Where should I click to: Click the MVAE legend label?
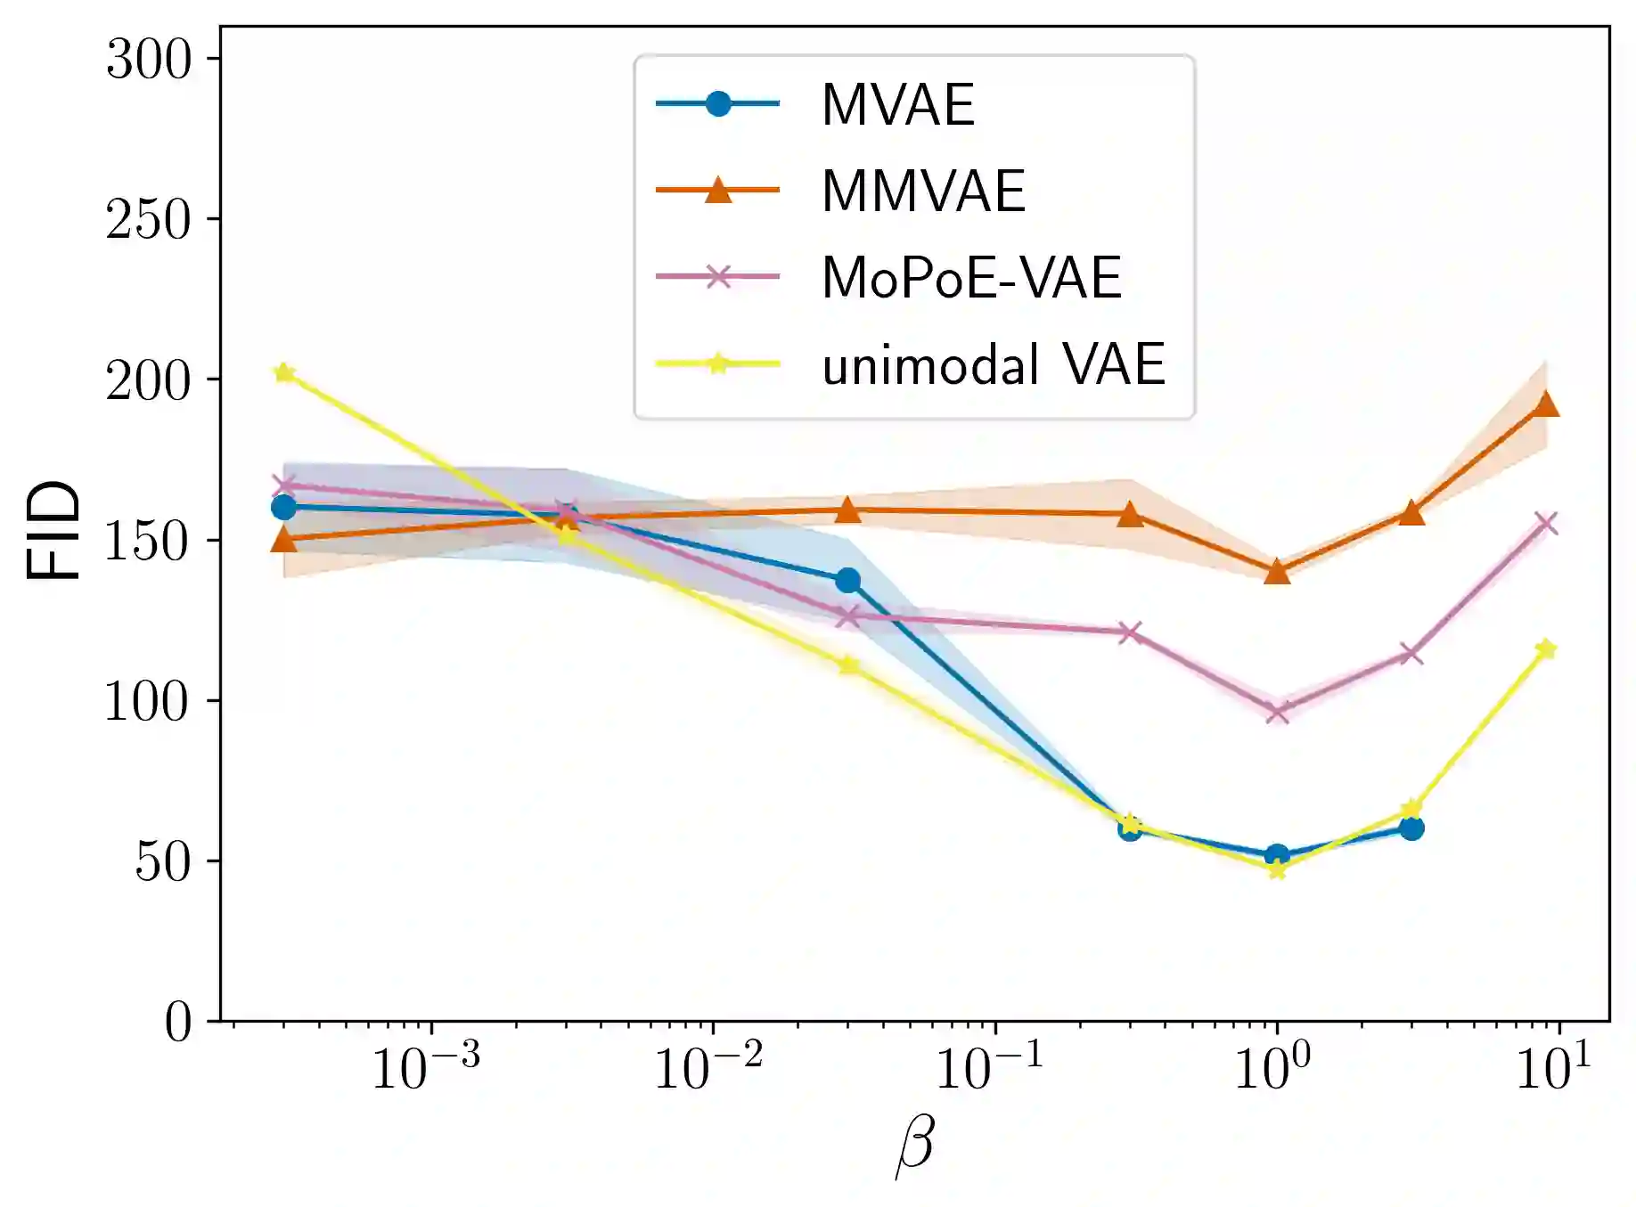pos(897,105)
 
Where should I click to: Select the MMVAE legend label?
pos(923,191)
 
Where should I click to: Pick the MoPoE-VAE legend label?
pos(971,277)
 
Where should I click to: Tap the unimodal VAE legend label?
pos(994,364)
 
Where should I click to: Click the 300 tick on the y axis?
pos(149,60)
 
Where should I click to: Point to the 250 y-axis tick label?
pos(149,220)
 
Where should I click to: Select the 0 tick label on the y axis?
pos(178,1022)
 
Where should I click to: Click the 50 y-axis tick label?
pos(163,861)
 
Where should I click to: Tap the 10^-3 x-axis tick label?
pos(425,1067)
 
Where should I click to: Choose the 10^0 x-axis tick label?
pos(1272,1067)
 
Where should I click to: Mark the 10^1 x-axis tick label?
pos(1553,1067)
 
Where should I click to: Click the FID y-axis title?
pos(53,531)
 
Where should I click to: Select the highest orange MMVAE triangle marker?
pos(1546,404)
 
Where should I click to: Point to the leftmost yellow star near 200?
pos(284,373)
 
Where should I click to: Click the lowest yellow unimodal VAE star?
pos(1277,869)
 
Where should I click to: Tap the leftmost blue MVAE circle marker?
pos(283,507)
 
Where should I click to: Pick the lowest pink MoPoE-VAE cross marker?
pos(1277,711)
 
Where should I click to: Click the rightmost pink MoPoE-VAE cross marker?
pos(1546,523)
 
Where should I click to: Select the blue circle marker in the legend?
pos(717,104)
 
